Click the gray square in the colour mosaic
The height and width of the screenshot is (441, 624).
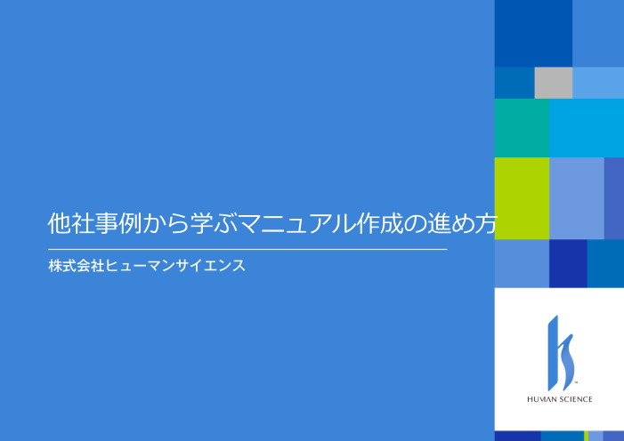(x=553, y=83)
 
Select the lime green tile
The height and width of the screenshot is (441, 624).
(x=522, y=198)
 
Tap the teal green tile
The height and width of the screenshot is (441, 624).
(x=522, y=127)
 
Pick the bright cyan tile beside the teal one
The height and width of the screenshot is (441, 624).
(x=586, y=127)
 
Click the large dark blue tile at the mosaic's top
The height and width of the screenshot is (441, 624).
(x=533, y=33)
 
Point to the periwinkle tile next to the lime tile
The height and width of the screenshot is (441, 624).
(x=577, y=198)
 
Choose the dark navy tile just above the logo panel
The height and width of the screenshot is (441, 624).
(x=568, y=263)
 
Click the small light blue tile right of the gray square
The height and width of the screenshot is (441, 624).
(x=597, y=83)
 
